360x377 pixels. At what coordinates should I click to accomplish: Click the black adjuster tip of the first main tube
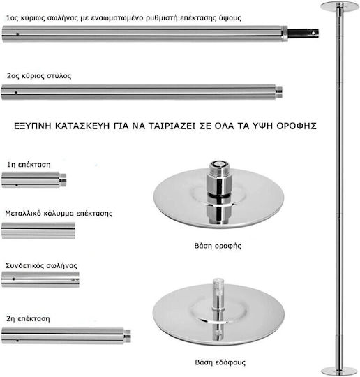click(303, 33)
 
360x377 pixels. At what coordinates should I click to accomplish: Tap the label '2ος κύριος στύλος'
click(39, 76)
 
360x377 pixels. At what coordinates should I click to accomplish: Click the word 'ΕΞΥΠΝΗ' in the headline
click(33, 126)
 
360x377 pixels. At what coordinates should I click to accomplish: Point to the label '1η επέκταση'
click(29, 165)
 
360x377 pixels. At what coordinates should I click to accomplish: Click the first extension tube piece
click(34, 180)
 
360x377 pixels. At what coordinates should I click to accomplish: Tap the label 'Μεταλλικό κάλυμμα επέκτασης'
click(59, 214)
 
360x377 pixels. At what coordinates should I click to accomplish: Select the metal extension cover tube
click(38, 231)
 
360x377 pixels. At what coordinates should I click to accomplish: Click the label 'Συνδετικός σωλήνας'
click(41, 266)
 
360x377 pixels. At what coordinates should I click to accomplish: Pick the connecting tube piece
click(40, 279)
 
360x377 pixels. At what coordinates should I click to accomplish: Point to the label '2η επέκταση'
click(28, 319)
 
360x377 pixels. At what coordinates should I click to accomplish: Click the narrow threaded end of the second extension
click(128, 336)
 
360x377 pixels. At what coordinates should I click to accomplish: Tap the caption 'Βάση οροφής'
click(218, 246)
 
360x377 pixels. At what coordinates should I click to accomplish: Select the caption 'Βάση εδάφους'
click(220, 362)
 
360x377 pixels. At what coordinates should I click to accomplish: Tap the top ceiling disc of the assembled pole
click(339, 6)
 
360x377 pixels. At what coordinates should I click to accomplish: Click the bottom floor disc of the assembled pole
click(339, 371)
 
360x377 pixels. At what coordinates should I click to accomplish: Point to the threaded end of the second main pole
click(279, 92)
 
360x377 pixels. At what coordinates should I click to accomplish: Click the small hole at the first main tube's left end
click(17, 34)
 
